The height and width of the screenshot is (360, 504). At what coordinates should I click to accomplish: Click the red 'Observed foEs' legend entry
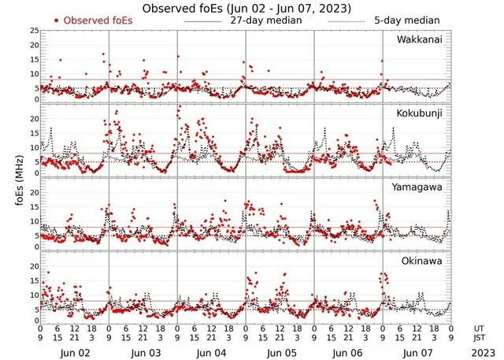tap(98, 20)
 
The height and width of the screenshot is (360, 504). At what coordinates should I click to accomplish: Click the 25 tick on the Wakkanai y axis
tap(34, 30)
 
